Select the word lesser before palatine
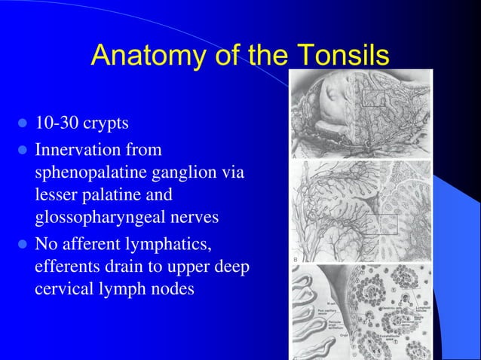point(57,195)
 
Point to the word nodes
point(175,290)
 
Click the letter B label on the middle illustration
point(294,260)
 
